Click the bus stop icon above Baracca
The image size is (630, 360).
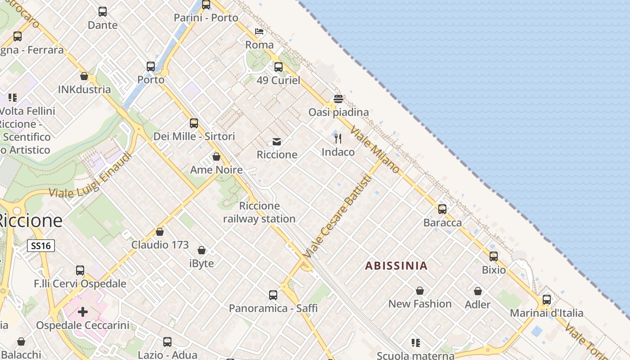[x=442, y=209]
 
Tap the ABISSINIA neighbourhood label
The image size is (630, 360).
[x=396, y=265]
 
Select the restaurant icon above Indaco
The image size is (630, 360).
[x=338, y=139]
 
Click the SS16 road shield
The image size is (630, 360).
[x=41, y=246]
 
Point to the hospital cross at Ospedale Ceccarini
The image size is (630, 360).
[x=83, y=311]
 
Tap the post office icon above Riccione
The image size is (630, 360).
[x=277, y=142]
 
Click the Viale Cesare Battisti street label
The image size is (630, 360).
[x=337, y=217]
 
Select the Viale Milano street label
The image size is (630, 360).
[x=375, y=150]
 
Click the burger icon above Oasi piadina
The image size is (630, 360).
[x=338, y=99]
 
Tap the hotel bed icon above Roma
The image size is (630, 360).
[x=259, y=31]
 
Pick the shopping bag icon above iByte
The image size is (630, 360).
[x=202, y=250]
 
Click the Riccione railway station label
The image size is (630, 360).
[x=259, y=212]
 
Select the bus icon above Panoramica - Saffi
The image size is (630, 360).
[x=273, y=295]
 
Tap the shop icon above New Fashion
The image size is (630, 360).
[x=420, y=291]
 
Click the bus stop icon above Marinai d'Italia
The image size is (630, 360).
[x=547, y=300]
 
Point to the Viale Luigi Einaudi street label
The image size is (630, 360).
[x=90, y=175]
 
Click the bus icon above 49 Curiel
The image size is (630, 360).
[x=279, y=67]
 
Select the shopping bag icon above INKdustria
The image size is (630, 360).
[x=84, y=76]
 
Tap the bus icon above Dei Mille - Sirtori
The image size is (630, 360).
[x=194, y=123]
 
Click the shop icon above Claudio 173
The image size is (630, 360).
[x=160, y=232]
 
